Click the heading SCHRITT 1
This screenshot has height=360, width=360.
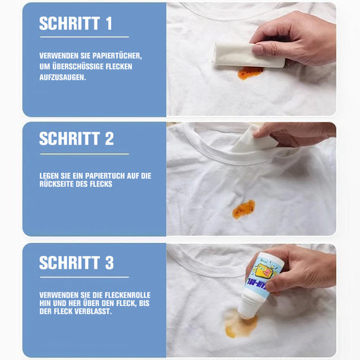(76, 24)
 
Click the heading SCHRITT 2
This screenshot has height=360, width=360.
(76, 139)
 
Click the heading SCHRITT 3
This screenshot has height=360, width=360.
(76, 262)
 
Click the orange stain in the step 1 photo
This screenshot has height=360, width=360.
(250, 73)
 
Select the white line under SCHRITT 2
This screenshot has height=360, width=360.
(84, 154)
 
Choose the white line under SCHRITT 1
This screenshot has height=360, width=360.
(84, 37)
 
